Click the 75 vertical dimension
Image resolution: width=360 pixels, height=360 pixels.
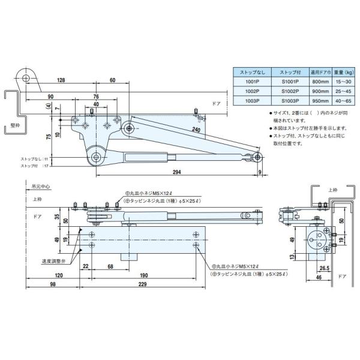click(47, 136)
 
